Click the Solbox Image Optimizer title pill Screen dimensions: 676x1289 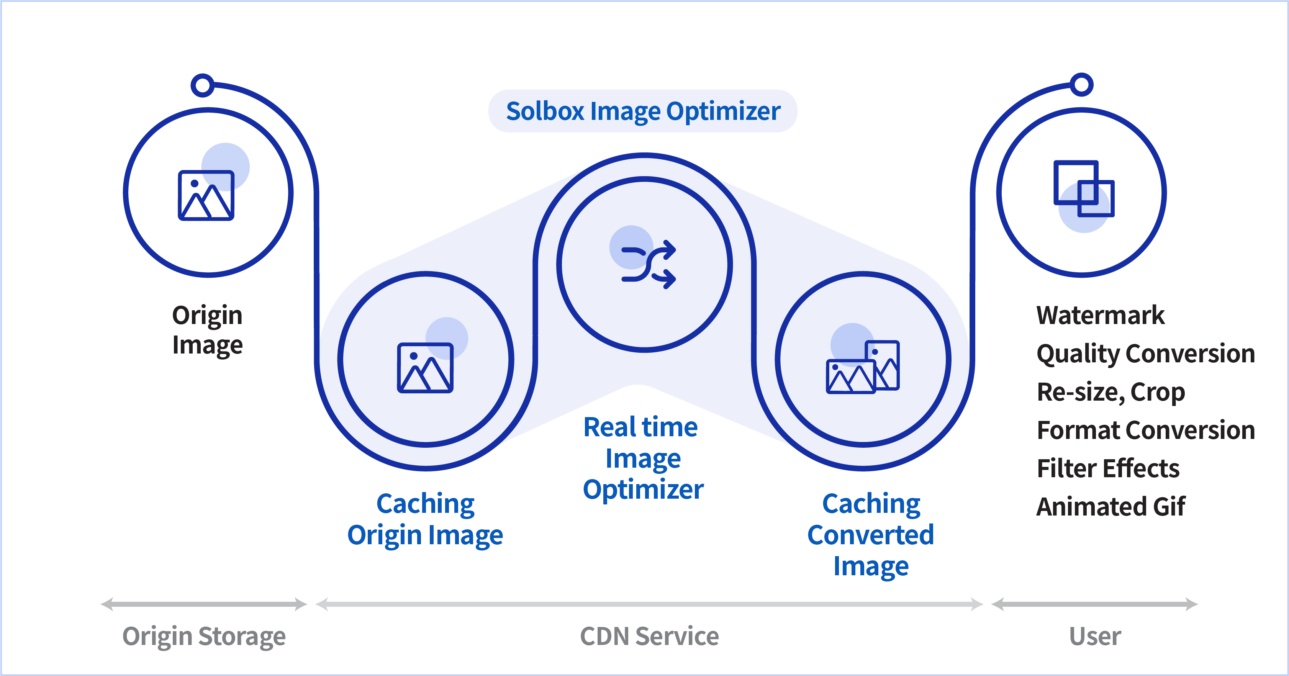(x=642, y=111)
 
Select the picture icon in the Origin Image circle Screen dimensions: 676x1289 (x=206, y=195)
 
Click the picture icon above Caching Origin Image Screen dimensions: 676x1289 (x=425, y=368)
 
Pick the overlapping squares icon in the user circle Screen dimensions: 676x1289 (x=1084, y=189)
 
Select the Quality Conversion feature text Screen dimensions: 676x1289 (x=1145, y=354)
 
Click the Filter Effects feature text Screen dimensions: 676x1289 (x=1108, y=468)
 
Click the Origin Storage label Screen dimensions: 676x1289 (x=204, y=637)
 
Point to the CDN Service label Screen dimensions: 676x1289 (x=649, y=637)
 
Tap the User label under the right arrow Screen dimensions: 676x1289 (x=1095, y=637)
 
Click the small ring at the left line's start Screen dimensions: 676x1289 (x=203, y=85)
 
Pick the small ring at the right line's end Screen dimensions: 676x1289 (x=1081, y=84)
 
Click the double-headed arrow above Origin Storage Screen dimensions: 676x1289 (x=204, y=604)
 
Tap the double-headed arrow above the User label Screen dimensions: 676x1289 (x=1094, y=604)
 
